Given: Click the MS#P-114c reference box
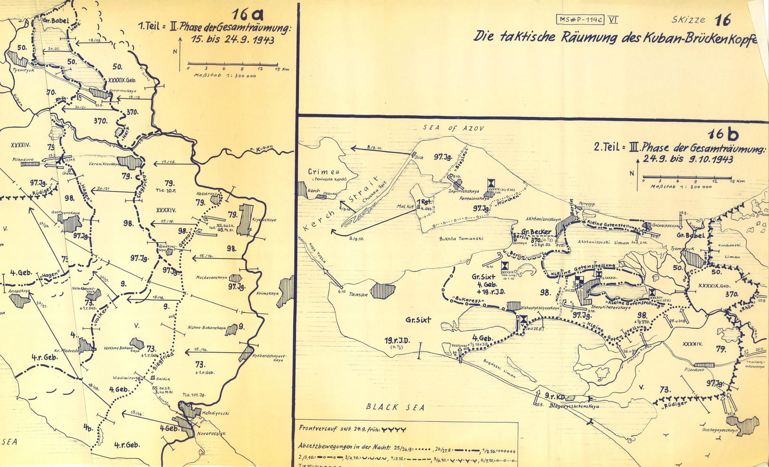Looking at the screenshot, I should pos(580,20).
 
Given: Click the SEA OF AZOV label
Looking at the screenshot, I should pos(453,128).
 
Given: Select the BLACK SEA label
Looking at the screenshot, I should pos(395,407).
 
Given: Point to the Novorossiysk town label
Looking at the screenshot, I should pos(211,433).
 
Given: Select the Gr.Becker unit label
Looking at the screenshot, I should pos(536,232).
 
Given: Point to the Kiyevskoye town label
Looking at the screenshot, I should pos(264,220).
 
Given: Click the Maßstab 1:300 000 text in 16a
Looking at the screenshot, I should pos(225,76).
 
